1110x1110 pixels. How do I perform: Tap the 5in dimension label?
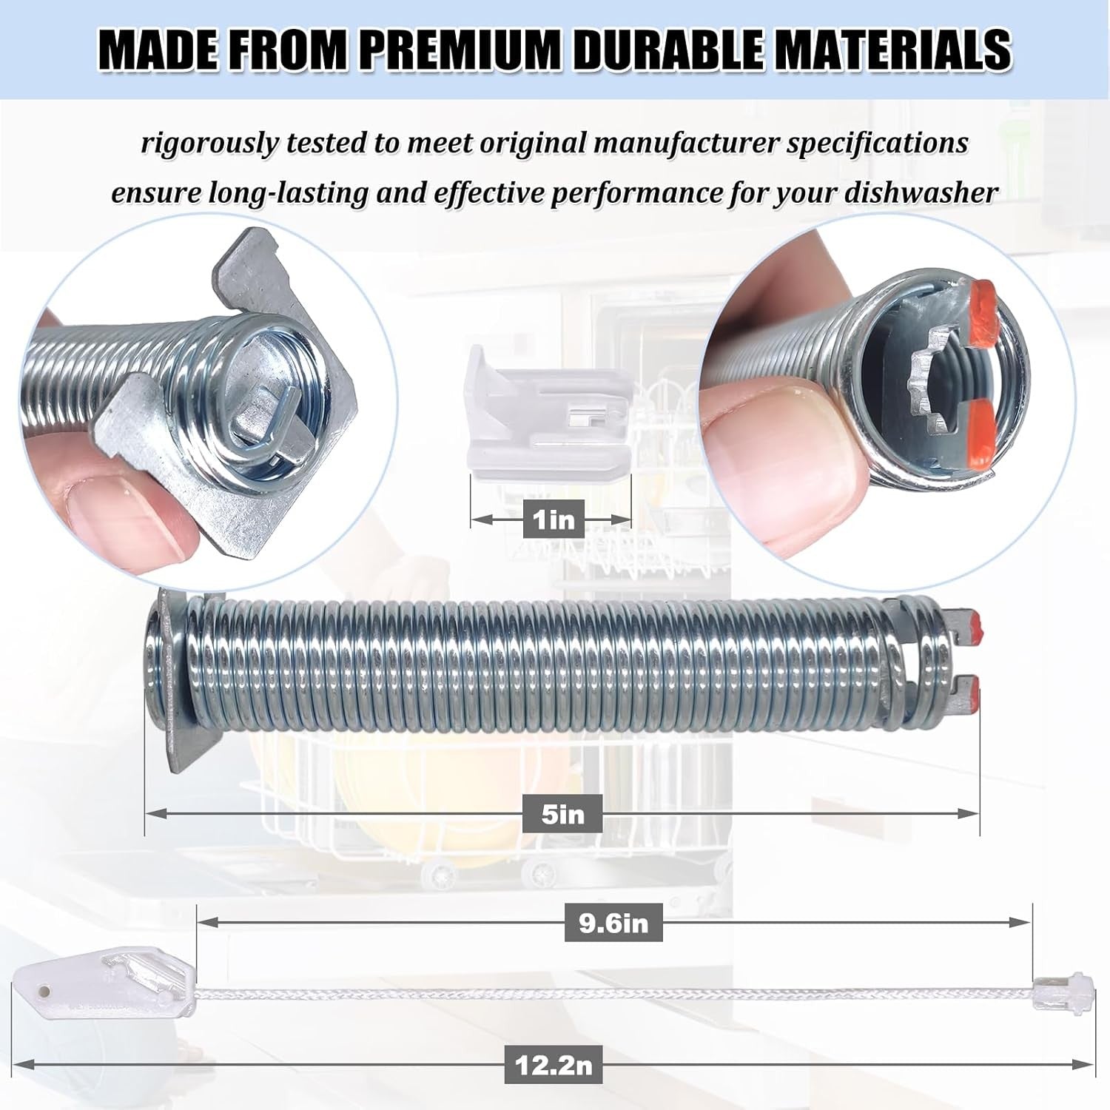(x=562, y=814)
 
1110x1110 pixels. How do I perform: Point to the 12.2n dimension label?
(x=555, y=1066)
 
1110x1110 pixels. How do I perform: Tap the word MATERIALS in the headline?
(x=894, y=50)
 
